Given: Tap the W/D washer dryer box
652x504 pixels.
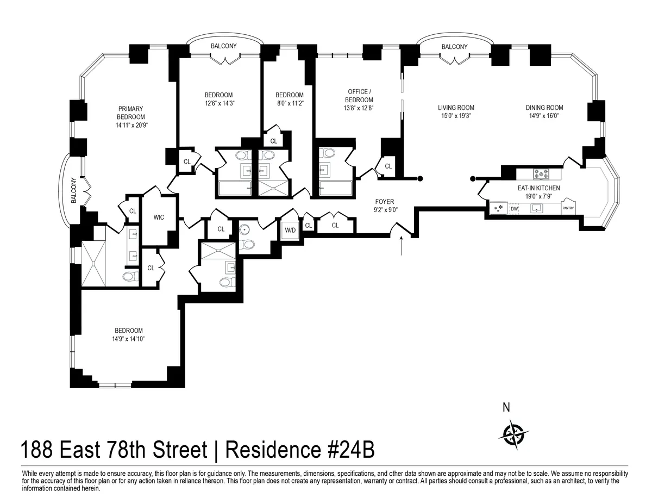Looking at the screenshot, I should tap(290, 230).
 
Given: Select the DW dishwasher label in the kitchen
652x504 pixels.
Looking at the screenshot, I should tap(514, 208).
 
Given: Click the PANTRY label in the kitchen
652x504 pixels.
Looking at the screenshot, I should tap(568, 208).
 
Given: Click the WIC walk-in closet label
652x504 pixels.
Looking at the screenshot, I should tap(159, 217).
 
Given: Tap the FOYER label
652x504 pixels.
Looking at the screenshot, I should tap(384, 202).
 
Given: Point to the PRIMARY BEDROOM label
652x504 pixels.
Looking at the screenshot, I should tap(131, 113).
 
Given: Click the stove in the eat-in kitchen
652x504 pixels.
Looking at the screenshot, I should tap(542, 175).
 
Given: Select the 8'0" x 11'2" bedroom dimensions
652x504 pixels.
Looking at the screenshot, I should tap(289, 103).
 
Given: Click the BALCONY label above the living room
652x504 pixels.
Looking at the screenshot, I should tap(454, 47).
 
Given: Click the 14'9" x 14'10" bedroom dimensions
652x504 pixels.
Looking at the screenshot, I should tap(129, 339).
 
